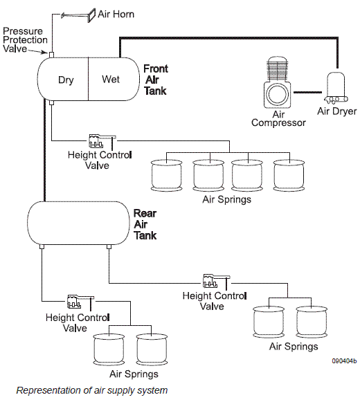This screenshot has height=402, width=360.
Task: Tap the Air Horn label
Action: coord(116,14)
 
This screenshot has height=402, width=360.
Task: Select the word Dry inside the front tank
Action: coord(66,80)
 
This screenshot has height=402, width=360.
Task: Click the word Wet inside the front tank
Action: coord(111,79)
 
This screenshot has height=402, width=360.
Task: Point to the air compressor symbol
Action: coord(277,82)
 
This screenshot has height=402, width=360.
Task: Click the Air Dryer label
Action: coord(337,111)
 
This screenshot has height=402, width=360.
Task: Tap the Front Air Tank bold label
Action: coord(156,80)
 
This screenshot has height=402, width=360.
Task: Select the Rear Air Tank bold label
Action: coord(145,224)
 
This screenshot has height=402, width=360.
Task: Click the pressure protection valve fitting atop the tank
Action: coord(51,55)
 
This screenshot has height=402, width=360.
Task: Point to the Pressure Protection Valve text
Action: coord(25,39)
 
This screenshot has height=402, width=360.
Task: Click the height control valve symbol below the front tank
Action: coord(102,142)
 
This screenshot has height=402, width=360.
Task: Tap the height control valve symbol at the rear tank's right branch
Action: coord(217,281)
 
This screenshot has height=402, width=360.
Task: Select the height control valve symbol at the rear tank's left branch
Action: coord(80,302)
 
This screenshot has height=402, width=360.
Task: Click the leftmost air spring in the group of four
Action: coord(167,176)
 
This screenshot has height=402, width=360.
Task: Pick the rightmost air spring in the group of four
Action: coord(289,175)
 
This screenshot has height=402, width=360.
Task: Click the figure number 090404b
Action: coord(344,361)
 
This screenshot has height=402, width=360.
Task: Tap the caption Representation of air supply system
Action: coord(92,390)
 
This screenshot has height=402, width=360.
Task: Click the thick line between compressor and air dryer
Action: coord(307,92)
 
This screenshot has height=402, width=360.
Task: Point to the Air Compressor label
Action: coord(278,118)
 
